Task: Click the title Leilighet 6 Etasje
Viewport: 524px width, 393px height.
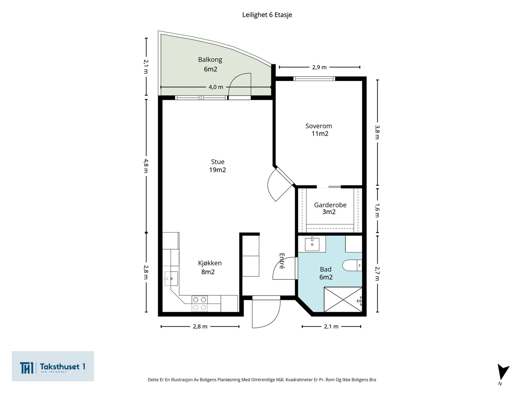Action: tap(267, 15)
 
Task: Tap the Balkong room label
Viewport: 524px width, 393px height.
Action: tap(210, 60)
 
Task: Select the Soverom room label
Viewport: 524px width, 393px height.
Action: tap(319, 126)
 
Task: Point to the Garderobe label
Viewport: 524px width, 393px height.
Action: tap(330, 205)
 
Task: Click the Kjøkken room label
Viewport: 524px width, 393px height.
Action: tap(210, 263)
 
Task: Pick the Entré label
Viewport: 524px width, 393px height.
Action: tap(282, 261)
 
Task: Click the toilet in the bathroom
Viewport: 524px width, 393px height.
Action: tap(352, 265)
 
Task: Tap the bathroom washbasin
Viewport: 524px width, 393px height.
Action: tap(312, 244)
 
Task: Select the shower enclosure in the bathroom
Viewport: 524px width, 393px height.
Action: tap(343, 299)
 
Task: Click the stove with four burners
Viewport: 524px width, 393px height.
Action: tap(199, 304)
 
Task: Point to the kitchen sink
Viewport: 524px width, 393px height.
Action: tap(171, 278)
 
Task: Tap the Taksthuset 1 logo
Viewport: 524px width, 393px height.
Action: tap(53, 366)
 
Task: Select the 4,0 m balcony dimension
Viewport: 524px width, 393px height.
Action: tap(216, 87)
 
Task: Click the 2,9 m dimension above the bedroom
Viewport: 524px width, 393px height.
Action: tap(319, 67)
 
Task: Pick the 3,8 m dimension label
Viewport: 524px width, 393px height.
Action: tap(377, 132)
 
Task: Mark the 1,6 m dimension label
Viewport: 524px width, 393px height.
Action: tap(377, 211)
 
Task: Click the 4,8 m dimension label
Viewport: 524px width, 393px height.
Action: tap(146, 166)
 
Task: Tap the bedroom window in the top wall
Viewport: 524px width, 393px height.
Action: tap(314, 79)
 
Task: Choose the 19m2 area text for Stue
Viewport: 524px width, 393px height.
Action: tap(217, 170)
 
